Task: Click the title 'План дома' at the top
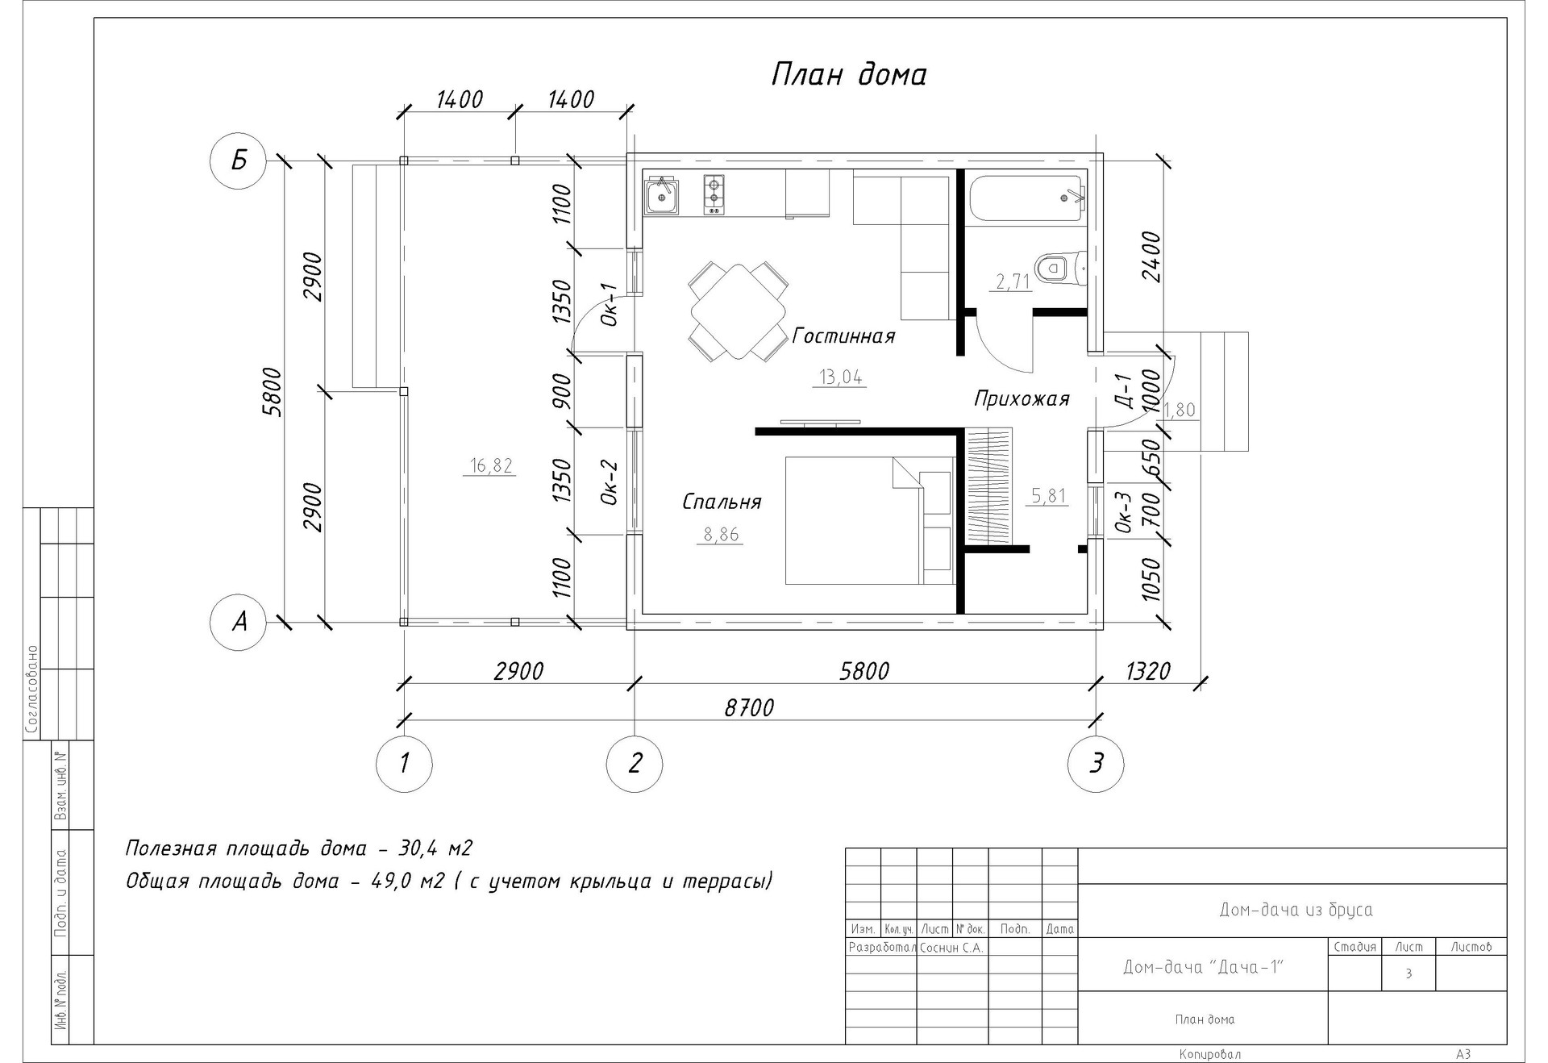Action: pos(848,74)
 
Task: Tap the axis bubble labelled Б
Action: pos(239,161)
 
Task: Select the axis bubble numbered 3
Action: pos(1096,763)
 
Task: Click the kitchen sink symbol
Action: pos(662,194)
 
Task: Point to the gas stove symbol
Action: pos(714,194)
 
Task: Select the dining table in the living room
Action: pos(739,311)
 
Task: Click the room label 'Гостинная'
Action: pos(843,336)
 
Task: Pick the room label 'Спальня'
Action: pos(722,502)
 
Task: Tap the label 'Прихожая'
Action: pos(1022,398)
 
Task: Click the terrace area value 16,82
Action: pos(491,465)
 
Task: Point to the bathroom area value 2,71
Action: pos(1013,281)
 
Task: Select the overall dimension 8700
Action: pos(749,707)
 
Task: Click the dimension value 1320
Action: pos(1146,670)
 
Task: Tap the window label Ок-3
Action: pos(1126,513)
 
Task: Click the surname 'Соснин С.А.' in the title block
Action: pos(951,948)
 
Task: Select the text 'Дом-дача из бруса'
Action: pos(1296,910)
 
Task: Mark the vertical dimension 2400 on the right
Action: pos(1151,256)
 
